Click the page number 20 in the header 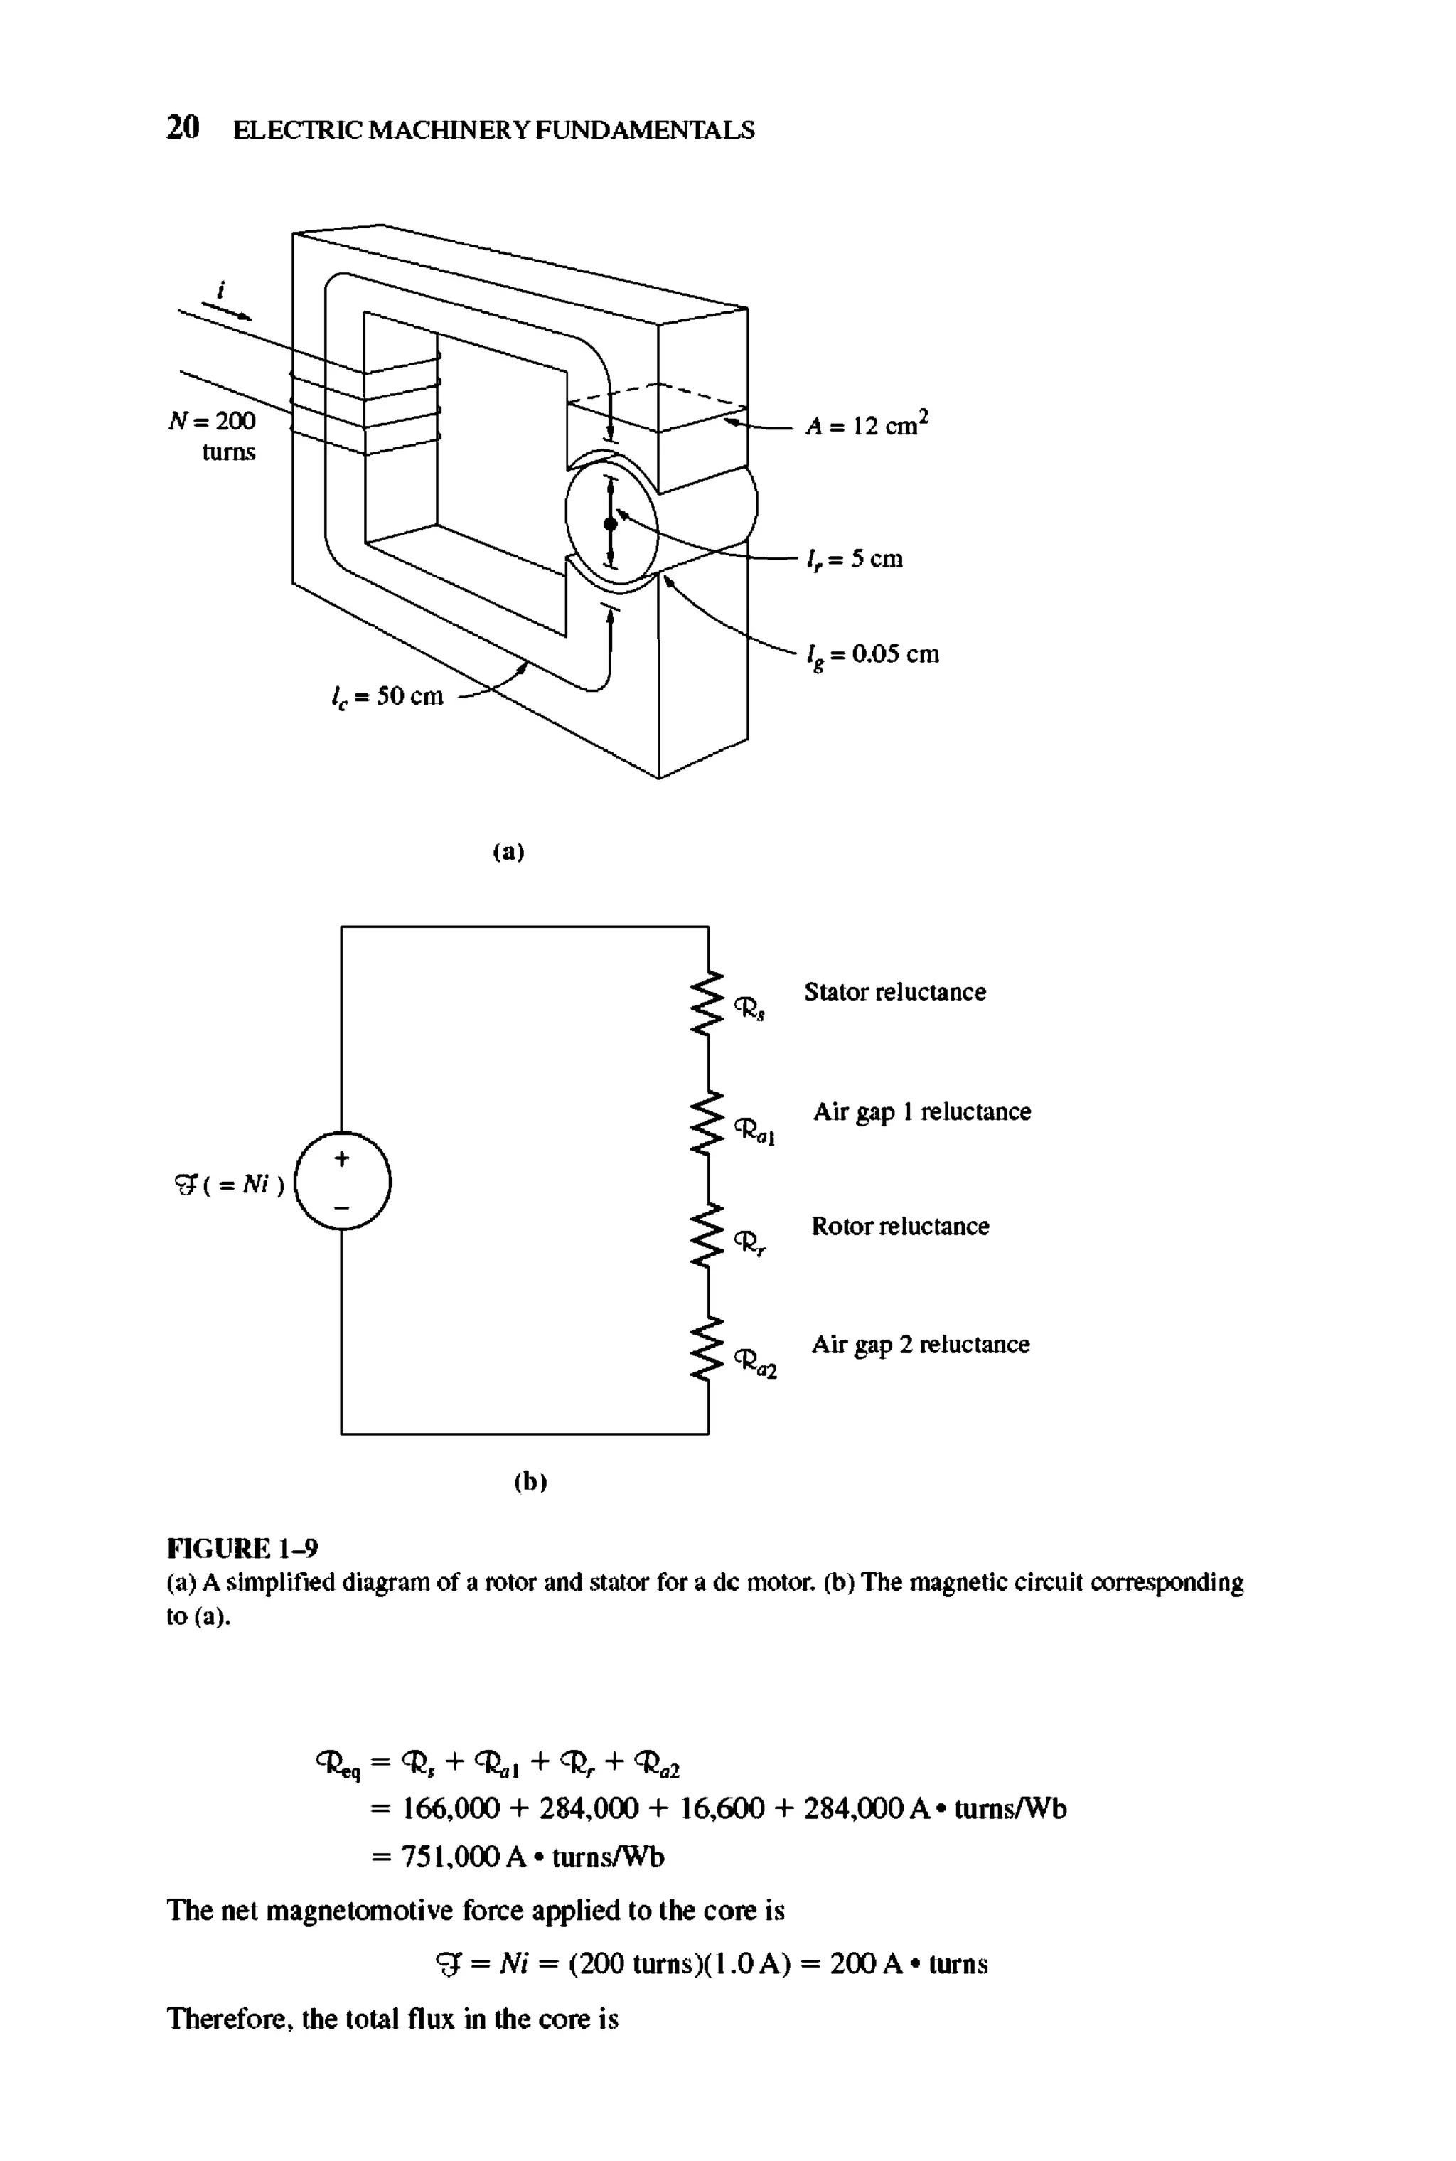[182, 127]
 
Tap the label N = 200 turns [213, 436]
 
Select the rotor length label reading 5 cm [855, 559]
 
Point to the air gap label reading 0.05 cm [873, 656]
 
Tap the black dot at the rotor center [610, 525]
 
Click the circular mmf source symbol [342, 1183]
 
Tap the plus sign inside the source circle [342, 1159]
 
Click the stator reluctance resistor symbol [709, 1001]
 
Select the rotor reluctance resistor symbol [709, 1233]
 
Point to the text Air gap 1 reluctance [921, 1113]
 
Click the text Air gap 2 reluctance [920, 1345]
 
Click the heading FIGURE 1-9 [242, 1549]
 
